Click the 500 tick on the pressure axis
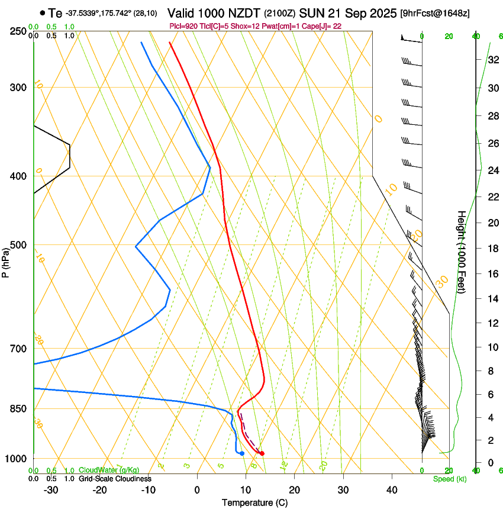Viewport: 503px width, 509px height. [x=18, y=245]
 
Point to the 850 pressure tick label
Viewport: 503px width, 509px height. [x=18, y=408]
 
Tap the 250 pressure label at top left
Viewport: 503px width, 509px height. [x=18, y=31]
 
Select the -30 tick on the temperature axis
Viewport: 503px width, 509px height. [x=51, y=489]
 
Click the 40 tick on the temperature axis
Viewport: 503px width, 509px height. [x=392, y=489]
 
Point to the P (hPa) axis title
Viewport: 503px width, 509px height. [x=5, y=261]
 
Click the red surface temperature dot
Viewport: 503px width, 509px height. [x=262, y=453]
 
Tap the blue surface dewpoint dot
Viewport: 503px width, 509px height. [x=242, y=453]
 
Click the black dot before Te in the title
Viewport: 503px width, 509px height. [x=42, y=12]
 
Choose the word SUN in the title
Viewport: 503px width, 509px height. [x=312, y=12]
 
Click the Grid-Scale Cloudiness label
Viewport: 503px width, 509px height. [x=115, y=478]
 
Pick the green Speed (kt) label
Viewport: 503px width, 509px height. [x=450, y=478]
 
